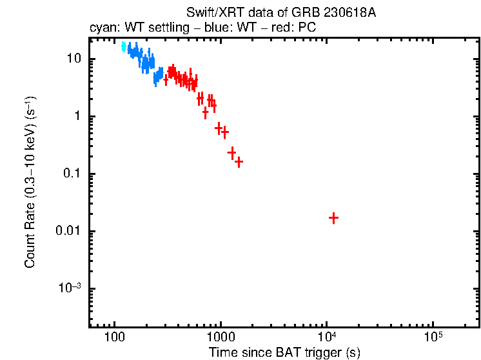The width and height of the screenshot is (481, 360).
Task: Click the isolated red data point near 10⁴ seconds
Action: click(333, 218)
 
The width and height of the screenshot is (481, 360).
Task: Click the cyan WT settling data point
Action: click(124, 46)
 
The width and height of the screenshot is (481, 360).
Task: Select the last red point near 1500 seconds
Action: click(239, 162)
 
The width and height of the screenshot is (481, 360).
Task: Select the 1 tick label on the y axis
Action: click(79, 116)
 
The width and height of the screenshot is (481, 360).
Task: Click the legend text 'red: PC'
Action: click(294, 29)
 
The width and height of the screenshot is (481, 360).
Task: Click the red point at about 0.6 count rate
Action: click(219, 128)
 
